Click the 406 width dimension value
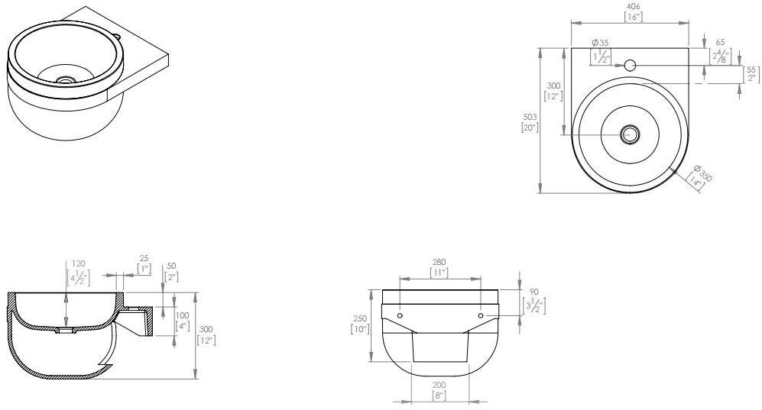[631, 6]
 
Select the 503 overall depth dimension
[530, 117]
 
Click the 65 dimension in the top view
[720, 44]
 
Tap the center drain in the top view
[630, 134]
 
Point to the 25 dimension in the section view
[144, 259]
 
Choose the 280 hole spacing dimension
[439, 262]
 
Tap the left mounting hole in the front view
[400, 315]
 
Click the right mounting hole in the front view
[480, 315]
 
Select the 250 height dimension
[359, 319]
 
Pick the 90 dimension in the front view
[533, 292]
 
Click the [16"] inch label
[631, 16]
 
